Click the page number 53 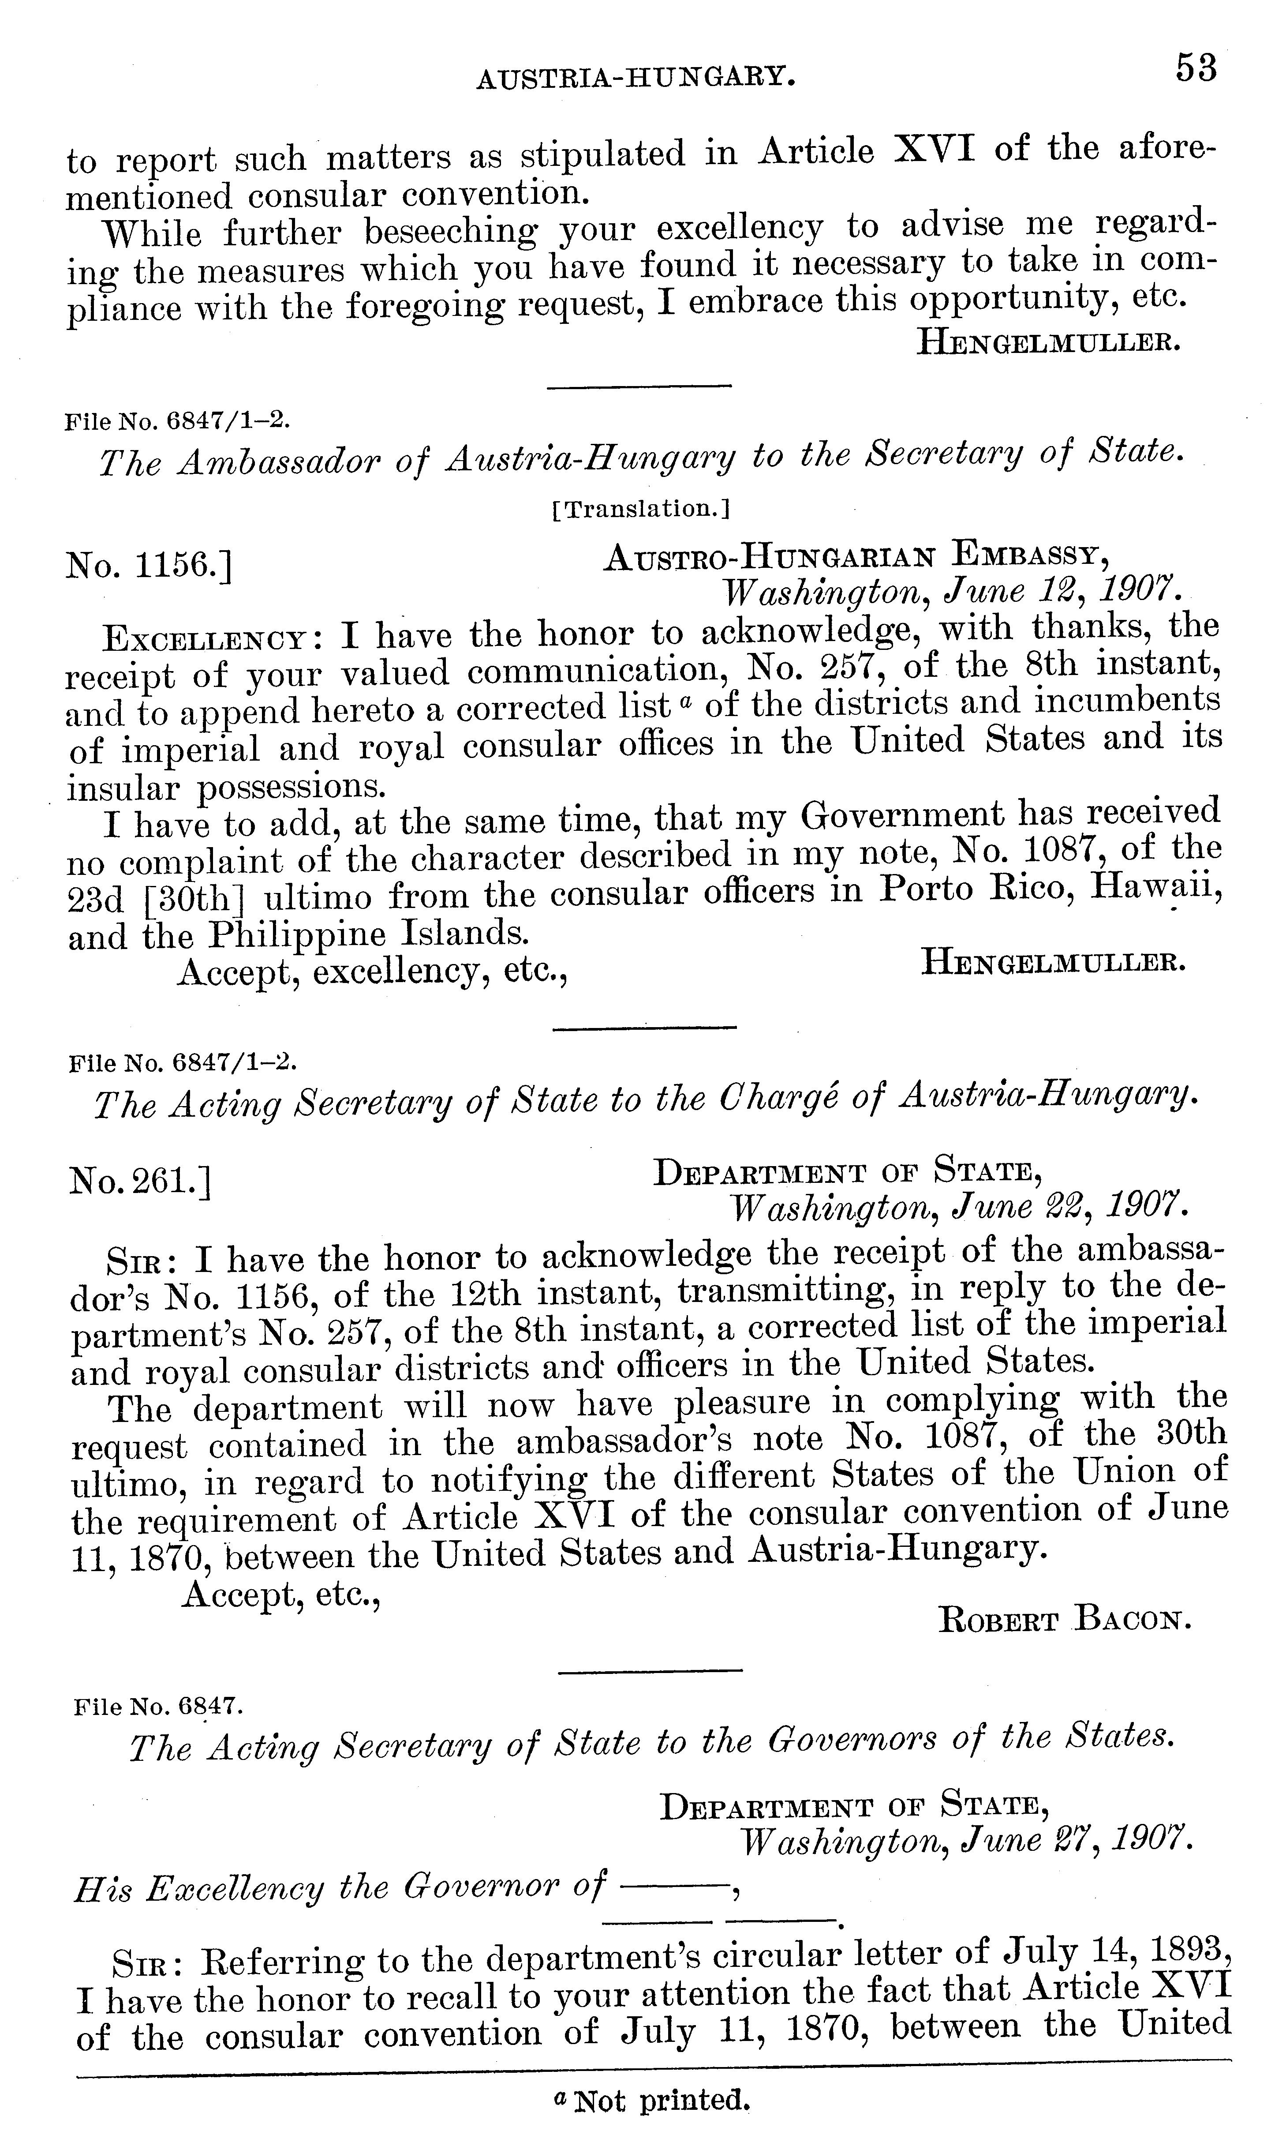(x=1196, y=68)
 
